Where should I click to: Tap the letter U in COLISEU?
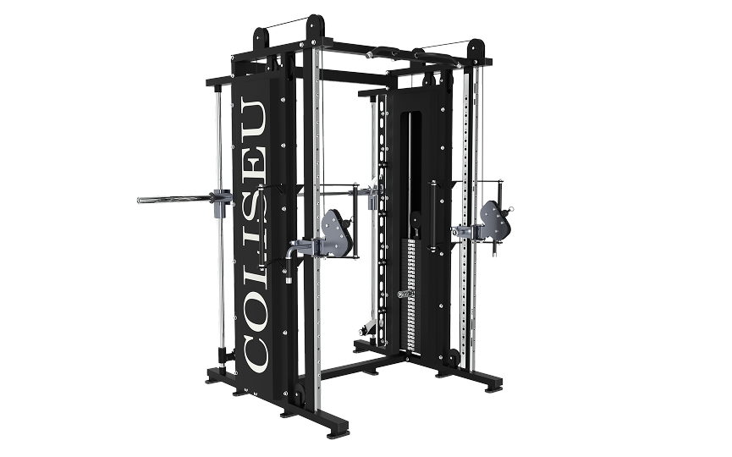pyautogui.click(x=255, y=115)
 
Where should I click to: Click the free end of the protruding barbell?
pyautogui.click(x=139, y=201)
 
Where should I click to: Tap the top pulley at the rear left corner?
pyautogui.click(x=261, y=38)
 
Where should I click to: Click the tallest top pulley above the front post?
pyautogui.click(x=315, y=28)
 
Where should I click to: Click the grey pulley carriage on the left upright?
pyautogui.click(x=336, y=234)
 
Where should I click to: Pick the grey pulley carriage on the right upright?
pyautogui.click(x=495, y=221)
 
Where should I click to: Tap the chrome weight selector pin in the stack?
pyautogui.click(x=405, y=294)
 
